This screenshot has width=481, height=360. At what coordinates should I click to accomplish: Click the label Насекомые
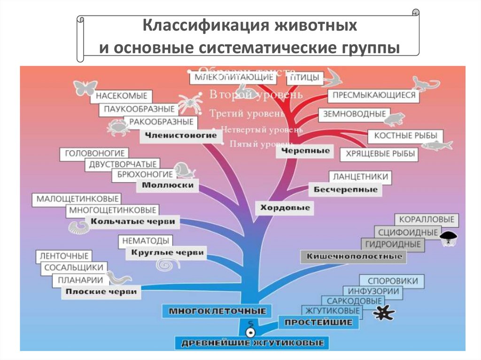coord(122,96)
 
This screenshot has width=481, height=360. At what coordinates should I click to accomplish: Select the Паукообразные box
coord(139,109)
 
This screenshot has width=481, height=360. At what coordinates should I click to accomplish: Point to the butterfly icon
coord(85,88)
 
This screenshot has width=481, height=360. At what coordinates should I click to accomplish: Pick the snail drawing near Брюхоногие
coord(184,170)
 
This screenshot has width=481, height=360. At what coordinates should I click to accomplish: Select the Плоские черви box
coord(101,291)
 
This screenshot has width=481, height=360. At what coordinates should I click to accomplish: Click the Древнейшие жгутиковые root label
coord(253,343)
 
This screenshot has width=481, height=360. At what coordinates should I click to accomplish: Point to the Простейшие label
coord(318,322)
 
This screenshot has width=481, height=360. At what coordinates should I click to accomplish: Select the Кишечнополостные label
coord(354,256)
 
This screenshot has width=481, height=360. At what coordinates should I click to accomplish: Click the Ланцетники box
coord(360,176)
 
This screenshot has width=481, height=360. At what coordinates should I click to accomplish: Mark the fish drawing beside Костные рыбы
coord(436,145)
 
